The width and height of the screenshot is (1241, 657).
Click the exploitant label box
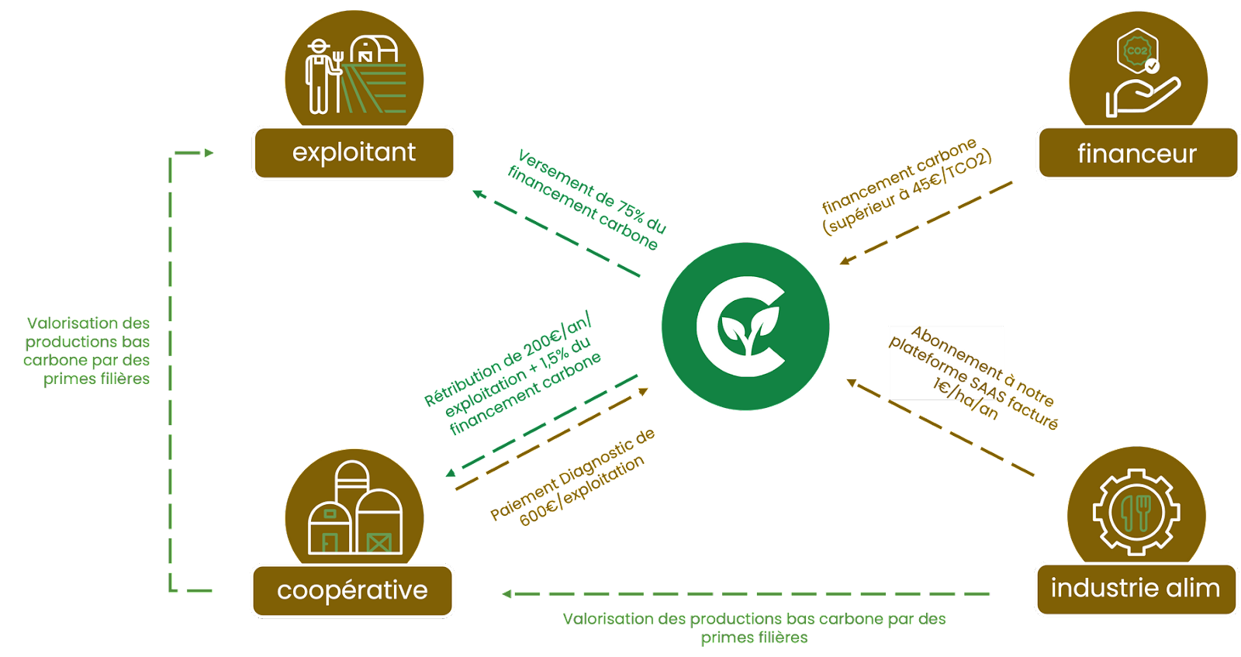[x=354, y=153]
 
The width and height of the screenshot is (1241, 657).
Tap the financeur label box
[x=1137, y=154]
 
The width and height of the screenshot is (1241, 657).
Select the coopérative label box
[x=352, y=590]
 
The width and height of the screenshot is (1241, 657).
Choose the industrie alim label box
[x=1136, y=589]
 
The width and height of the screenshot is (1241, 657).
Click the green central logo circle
[x=745, y=326]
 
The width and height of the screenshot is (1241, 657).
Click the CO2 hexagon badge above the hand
[x=1138, y=51]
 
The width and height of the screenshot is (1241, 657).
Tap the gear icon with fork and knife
[x=1136, y=512]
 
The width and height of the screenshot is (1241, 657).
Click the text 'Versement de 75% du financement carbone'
[x=587, y=200]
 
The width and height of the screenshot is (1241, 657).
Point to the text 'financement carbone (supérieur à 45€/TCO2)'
[x=906, y=186]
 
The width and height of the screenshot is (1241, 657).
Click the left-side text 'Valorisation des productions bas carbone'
[x=88, y=351]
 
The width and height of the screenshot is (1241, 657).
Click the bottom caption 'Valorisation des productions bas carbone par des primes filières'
[x=754, y=628]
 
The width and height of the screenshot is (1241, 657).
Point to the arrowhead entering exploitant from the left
[x=208, y=153]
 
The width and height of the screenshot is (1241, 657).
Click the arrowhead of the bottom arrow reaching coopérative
[x=506, y=594]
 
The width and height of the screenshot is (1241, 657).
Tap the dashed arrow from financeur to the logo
[x=927, y=222]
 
